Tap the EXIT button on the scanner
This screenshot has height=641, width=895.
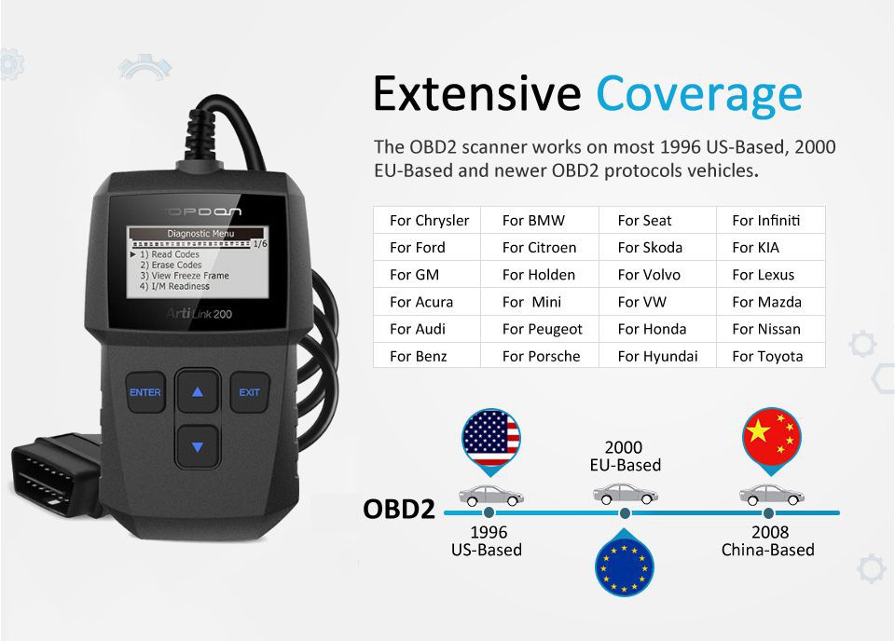[x=250, y=392]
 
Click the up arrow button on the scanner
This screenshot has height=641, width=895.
[x=198, y=391]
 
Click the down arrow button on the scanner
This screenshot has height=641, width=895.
[x=198, y=446]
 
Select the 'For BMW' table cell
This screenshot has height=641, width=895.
[x=540, y=220]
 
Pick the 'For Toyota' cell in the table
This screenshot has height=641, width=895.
[x=771, y=356]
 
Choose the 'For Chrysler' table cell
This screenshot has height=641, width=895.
[x=427, y=220]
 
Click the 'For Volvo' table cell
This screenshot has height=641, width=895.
[x=657, y=274]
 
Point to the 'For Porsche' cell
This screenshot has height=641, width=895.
[x=540, y=356]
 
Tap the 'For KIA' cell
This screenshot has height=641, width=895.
[x=771, y=248]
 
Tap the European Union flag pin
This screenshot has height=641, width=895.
[x=624, y=564]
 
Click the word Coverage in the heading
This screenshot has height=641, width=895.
[x=699, y=94]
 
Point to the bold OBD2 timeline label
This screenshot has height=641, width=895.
[x=399, y=509]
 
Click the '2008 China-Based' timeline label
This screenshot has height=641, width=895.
[x=768, y=540]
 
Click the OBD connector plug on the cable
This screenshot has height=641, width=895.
[x=54, y=473]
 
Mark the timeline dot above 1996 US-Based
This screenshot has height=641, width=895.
[x=489, y=512]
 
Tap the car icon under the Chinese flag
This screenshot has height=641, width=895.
[x=771, y=495]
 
